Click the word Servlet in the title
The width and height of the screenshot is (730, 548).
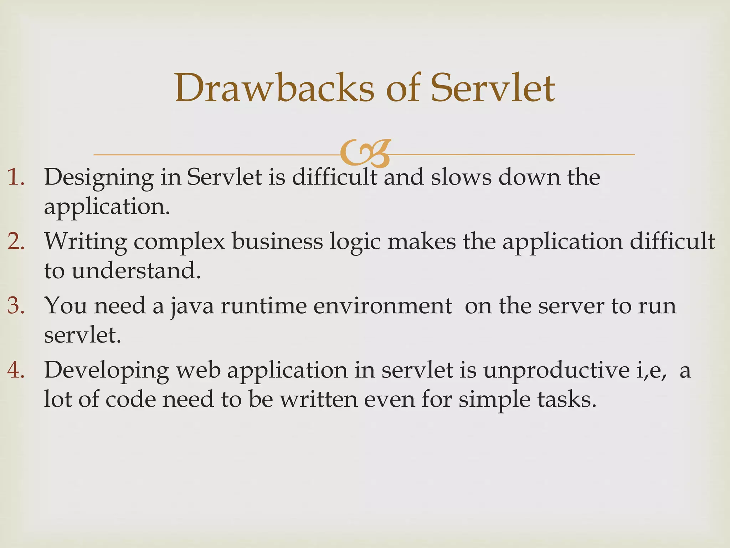[492, 88]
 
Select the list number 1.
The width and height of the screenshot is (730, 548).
[16, 177]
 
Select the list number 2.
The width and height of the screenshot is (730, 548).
[16, 242]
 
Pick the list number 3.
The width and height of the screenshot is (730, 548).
[16, 306]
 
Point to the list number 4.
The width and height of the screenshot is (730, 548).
[16, 370]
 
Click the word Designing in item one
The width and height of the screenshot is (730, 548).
[98, 178]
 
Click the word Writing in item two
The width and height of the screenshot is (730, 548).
[86, 242]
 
